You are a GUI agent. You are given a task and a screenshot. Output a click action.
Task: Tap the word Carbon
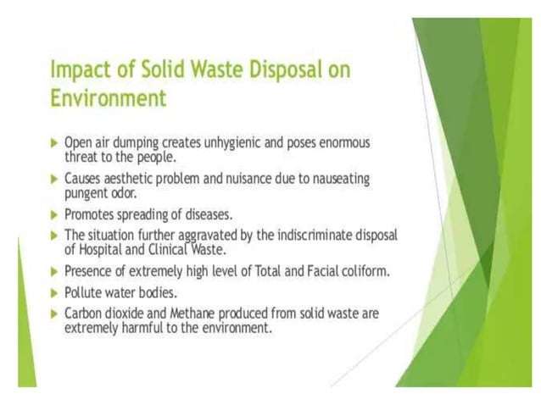click(84, 313)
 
